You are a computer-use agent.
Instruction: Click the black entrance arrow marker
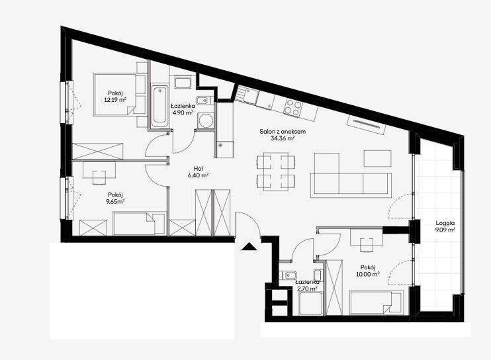(x=249, y=247)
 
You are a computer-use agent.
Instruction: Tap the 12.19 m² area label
(x=115, y=100)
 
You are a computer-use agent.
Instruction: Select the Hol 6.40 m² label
(x=199, y=172)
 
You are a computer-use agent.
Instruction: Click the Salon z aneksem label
(x=283, y=132)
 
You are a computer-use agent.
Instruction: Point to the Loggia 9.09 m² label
(x=445, y=226)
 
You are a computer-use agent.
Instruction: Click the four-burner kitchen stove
(x=292, y=107)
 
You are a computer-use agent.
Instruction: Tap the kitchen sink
(x=247, y=94)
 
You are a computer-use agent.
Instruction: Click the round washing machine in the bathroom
(x=205, y=120)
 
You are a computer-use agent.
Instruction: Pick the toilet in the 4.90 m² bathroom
(x=203, y=101)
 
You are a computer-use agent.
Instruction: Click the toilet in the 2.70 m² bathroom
(x=287, y=275)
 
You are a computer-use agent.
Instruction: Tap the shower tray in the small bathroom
(x=310, y=304)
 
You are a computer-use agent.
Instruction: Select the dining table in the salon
(x=276, y=171)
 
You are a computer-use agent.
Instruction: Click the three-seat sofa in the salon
(x=351, y=185)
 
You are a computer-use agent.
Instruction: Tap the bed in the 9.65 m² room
(x=139, y=223)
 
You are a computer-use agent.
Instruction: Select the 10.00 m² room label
(x=368, y=271)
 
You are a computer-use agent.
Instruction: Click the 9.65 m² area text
(x=116, y=202)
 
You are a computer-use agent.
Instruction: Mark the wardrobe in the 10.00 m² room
(x=334, y=287)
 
